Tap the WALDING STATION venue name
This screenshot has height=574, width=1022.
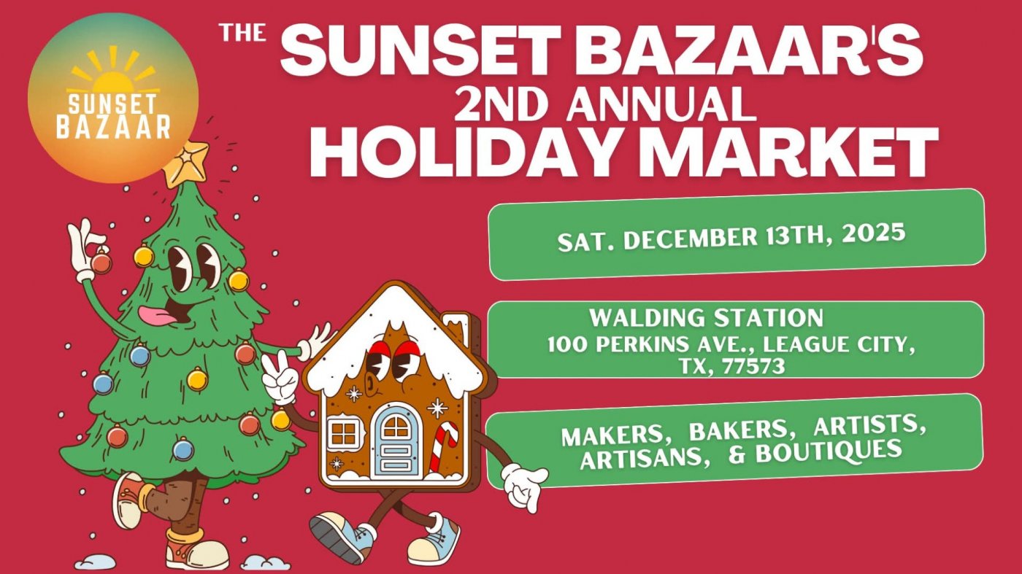tap(706, 318)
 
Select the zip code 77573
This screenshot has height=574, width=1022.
tap(753, 367)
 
